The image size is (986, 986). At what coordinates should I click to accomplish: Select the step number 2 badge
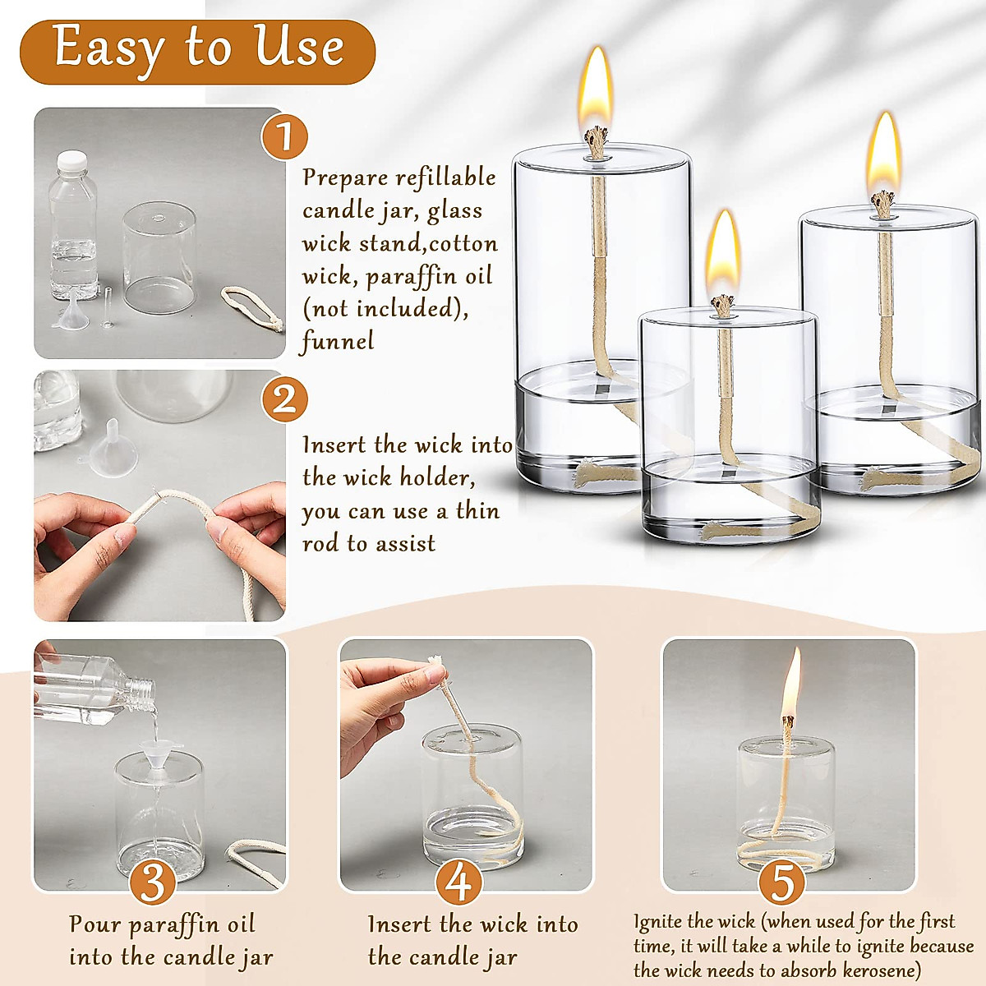(x=284, y=400)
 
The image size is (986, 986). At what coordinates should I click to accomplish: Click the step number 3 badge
(x=153, y=882)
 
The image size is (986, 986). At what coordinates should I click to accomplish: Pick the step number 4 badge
(x=458, y=882)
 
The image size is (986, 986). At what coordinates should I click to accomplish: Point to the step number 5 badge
(x=781, y=882)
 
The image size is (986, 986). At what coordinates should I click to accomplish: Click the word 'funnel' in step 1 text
(x=338, y=342)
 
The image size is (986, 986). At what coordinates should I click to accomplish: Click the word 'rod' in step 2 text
(x=321, y=544)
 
